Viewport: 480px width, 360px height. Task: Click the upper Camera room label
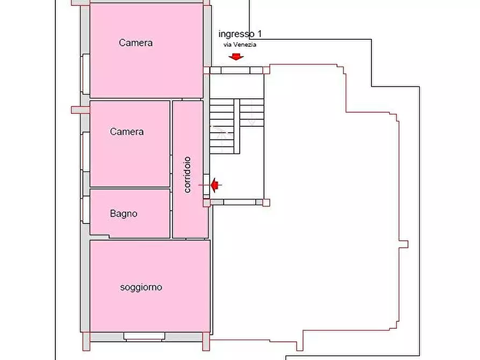point(135,42)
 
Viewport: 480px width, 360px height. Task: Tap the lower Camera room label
point(127,132)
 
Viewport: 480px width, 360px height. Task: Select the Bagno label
point(124,213)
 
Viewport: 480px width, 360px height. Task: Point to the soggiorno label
point(141,287)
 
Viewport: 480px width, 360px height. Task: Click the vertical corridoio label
point(188,175)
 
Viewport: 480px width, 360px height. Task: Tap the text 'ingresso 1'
point(240,34)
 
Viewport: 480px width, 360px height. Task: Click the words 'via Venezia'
point(240,45)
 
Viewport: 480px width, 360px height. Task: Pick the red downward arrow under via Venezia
point(236,56)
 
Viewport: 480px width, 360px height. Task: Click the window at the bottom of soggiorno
point(144,337)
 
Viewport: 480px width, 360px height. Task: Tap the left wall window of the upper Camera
point(85,74)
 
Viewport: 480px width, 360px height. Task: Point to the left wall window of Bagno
point(85,210)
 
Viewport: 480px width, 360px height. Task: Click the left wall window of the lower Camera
point(85,152)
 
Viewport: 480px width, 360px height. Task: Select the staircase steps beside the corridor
point(237,126)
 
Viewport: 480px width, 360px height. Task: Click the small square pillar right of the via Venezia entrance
point(266,70)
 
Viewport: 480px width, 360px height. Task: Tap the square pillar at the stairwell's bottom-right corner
point(266,203)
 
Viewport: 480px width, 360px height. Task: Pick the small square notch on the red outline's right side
point(404,244)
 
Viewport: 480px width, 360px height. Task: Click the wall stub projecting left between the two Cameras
point(81,110)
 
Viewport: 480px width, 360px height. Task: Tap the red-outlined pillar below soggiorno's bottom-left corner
point(87,341)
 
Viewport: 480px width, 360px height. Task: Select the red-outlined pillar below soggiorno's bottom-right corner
point(206,341)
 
